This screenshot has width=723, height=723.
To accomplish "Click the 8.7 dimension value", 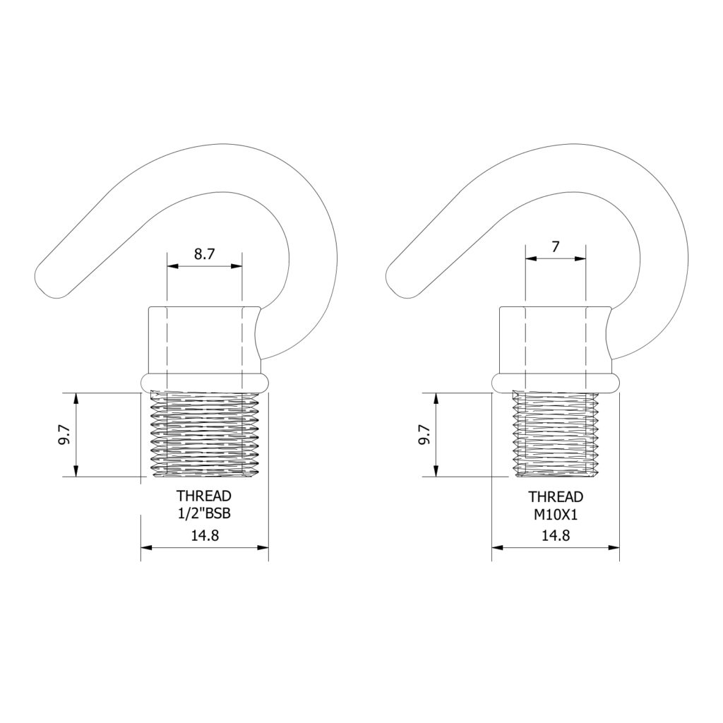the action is [204, 254].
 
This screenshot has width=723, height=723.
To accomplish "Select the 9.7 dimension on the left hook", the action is [64, 434].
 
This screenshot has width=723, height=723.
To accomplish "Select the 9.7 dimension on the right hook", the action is [424, 434].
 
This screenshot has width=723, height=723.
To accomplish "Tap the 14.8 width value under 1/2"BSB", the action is [205, 535].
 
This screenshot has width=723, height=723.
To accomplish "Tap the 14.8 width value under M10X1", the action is [556, 535].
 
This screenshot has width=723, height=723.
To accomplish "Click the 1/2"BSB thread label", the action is [204, 513].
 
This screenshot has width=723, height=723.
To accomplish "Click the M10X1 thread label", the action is [556, 514].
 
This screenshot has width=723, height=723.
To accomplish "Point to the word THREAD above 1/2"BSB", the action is [204, 496].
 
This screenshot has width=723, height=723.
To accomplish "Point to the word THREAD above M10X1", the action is [556, 497].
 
